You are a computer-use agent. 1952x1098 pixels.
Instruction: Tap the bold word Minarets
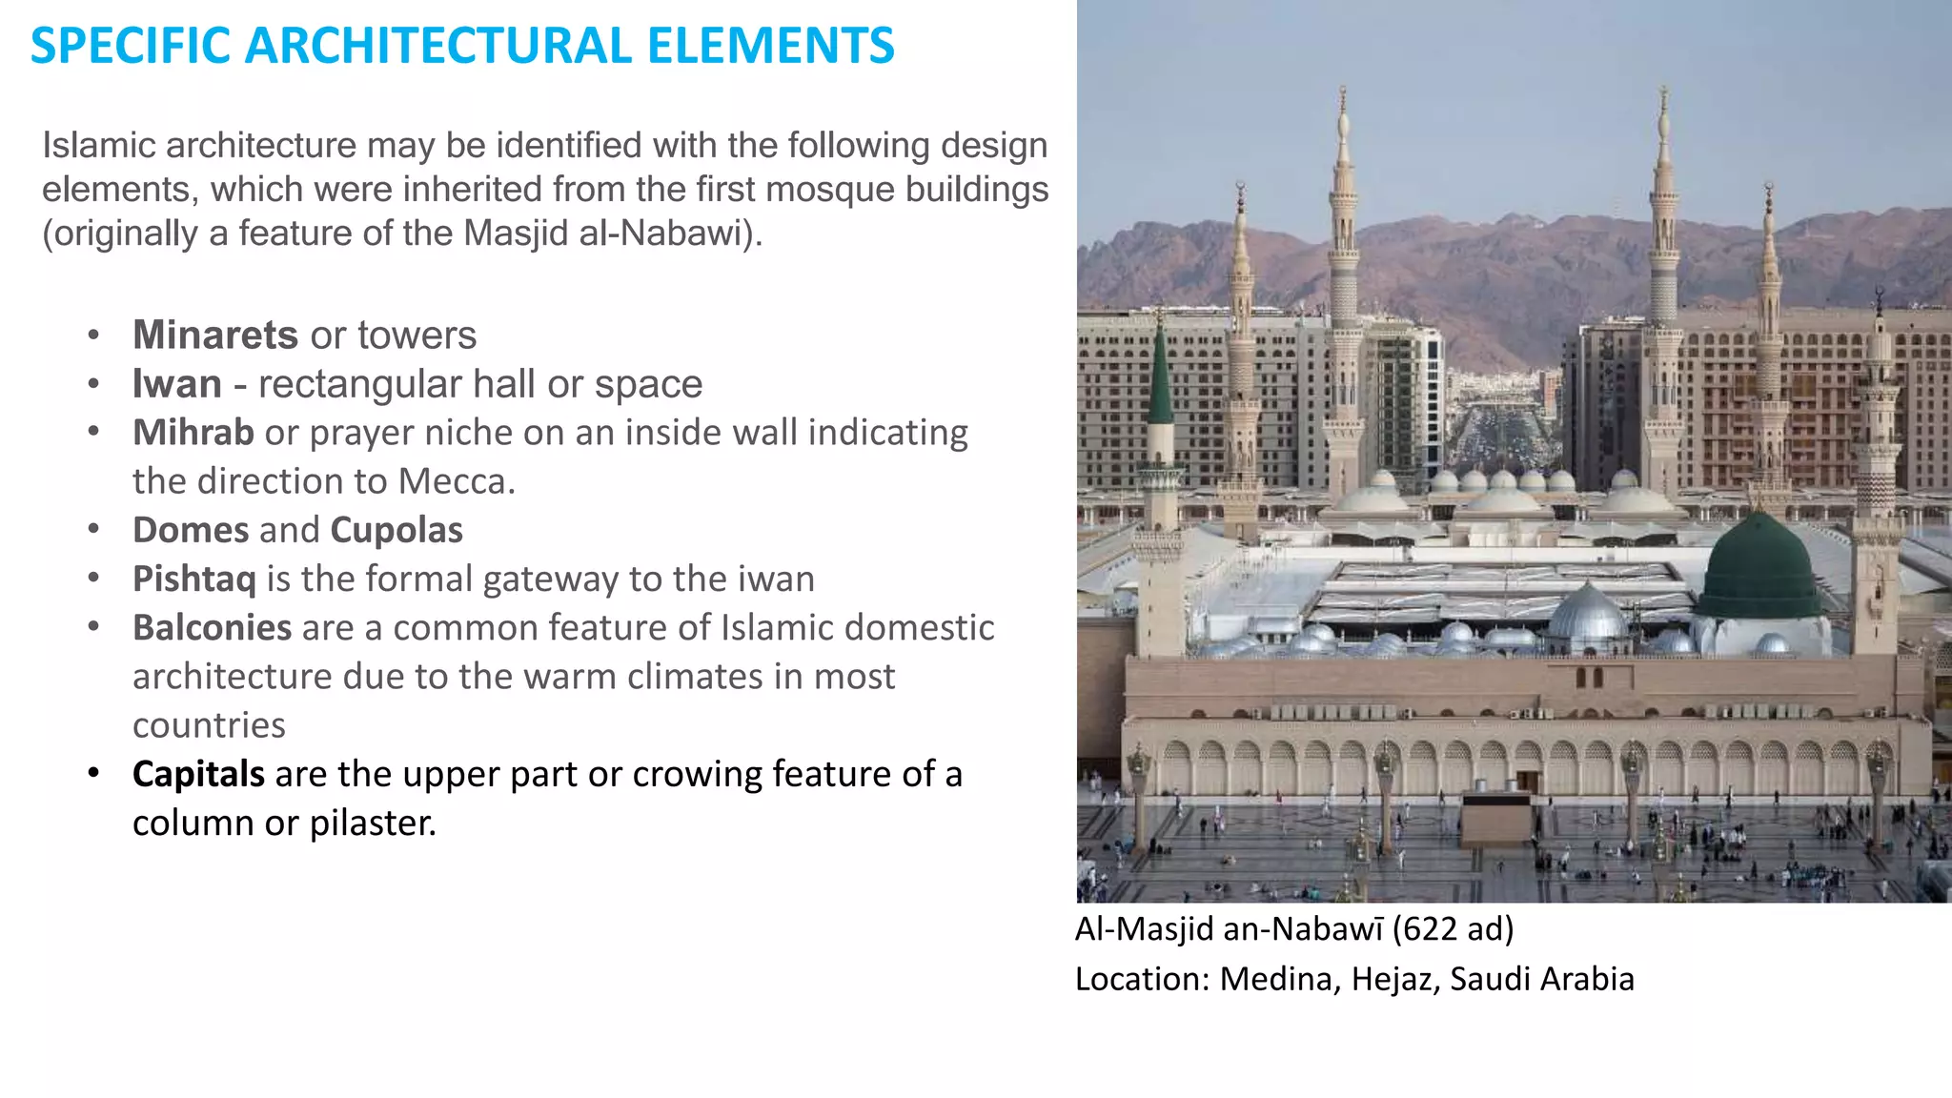click(215, 335)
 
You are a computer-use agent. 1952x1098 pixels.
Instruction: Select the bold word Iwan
click(176, 384)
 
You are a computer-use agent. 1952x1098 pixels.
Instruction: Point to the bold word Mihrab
click(193, 433)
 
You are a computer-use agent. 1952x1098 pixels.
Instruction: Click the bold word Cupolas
click(396, 530)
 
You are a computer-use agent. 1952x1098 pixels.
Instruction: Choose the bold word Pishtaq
click(194, 579)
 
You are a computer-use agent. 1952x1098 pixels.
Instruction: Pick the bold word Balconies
click(212, 628)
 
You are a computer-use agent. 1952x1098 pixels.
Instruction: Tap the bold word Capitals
click(198, 774)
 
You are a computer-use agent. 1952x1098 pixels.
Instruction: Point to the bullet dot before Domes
click(93, 530)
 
